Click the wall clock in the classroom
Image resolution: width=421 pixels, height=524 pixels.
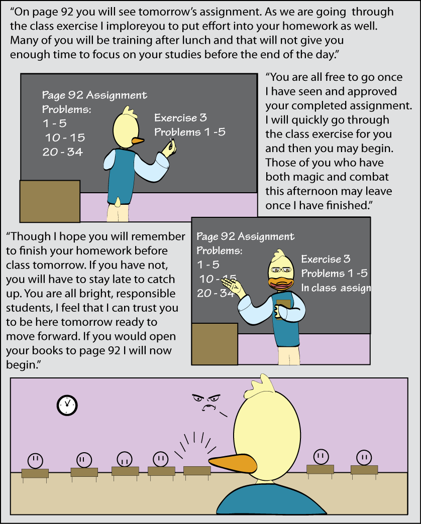(67, 405)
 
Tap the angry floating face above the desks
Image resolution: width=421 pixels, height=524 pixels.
(206, 403)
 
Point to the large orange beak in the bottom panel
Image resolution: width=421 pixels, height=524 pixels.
(233, 463)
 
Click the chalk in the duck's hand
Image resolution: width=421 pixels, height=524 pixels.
(171, 140)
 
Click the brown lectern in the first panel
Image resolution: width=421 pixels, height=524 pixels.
(50, 201)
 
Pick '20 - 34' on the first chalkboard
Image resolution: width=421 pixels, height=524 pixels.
(62, 152)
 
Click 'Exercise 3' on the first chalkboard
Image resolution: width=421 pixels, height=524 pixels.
(180, 117)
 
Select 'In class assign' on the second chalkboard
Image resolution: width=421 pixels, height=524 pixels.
(336, 288)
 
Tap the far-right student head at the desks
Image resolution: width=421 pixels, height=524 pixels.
(364, 458)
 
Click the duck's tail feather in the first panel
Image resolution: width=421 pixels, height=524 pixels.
(118, 201)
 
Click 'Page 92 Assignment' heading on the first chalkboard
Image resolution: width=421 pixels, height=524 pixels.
(94, 95)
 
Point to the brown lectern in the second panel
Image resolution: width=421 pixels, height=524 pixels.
(215, 344)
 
